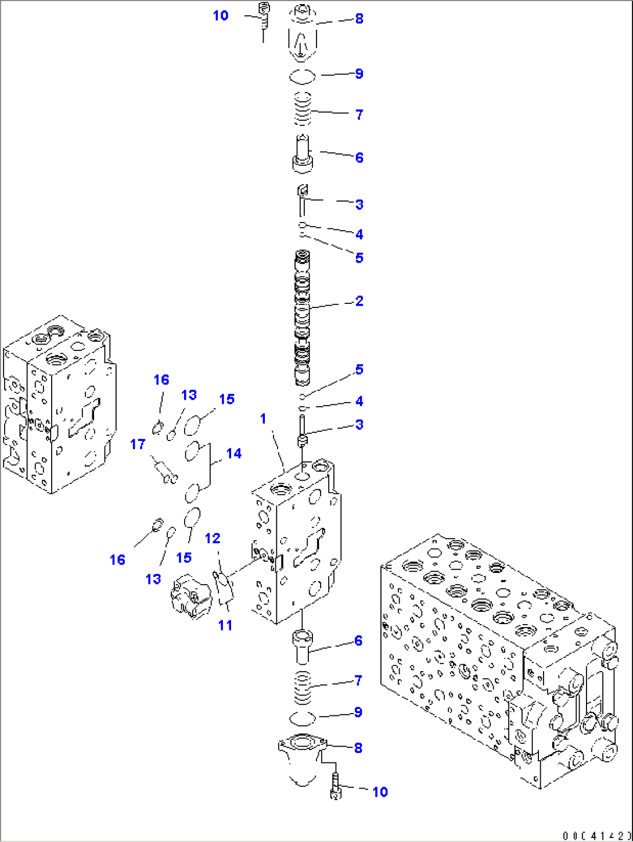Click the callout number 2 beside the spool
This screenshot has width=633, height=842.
359,301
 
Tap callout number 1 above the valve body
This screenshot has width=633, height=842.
263,418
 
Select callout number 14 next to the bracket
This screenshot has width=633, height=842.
233,453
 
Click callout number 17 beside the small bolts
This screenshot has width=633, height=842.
138,445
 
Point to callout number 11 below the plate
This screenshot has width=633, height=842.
225,625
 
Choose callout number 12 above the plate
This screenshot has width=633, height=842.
213,539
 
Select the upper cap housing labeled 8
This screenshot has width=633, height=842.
303,34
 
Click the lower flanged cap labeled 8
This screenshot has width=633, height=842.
303,758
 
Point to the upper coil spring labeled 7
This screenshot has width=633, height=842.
303,109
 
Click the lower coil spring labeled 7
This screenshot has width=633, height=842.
303,687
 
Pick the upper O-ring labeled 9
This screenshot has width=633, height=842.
303,76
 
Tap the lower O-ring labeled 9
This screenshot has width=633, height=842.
302,718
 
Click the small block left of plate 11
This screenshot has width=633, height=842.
190,596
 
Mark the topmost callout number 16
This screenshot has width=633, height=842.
161,380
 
